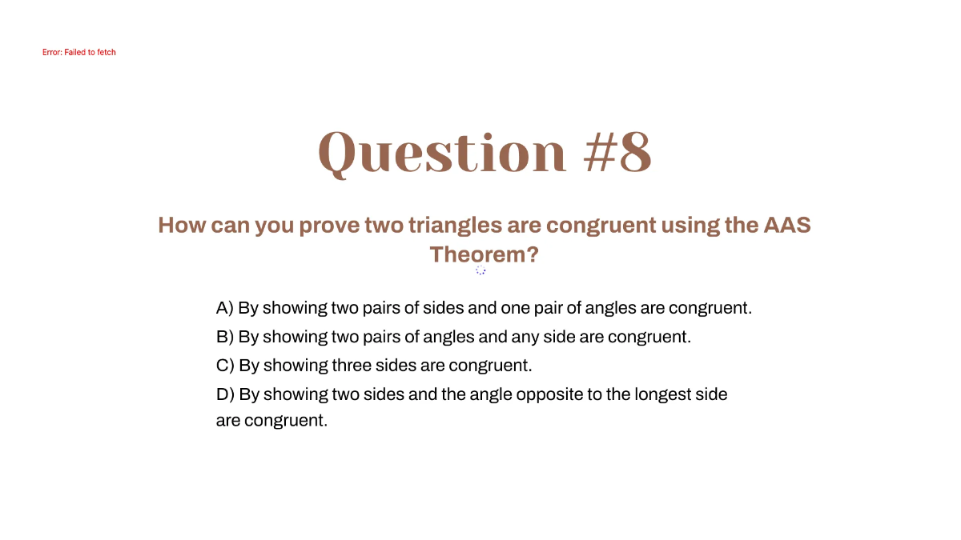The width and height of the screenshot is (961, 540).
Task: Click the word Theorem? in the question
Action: [484, 254]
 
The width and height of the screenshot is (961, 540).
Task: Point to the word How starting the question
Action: [182, 225]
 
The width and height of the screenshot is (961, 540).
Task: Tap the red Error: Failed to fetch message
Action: [79, 52]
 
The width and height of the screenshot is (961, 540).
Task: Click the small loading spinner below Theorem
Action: [480, 270]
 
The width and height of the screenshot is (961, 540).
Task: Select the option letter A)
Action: [225, 308]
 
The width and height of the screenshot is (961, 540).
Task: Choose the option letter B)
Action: [225, 337]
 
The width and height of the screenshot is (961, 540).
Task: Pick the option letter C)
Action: [225, 366]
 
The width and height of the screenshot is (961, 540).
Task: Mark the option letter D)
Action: [225, 394]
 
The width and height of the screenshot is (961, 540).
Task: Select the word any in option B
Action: [526, 337]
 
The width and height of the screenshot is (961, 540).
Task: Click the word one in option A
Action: [513, 308]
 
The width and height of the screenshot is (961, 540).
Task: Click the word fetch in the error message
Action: [107, 52]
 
